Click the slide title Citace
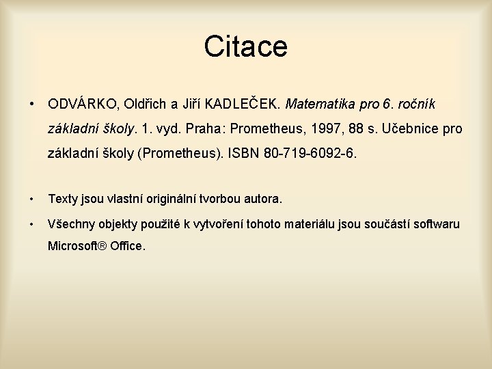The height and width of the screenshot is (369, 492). tap(245, 47)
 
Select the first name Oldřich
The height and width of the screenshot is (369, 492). tap(146, 105)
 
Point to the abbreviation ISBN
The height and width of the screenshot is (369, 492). tap(243, 154)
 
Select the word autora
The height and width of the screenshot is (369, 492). tap(260, 200)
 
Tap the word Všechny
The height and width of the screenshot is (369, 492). tap(71, 224)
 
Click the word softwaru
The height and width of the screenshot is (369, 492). tap(435, 224)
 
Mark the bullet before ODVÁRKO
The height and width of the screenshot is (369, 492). tap(32, 105)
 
